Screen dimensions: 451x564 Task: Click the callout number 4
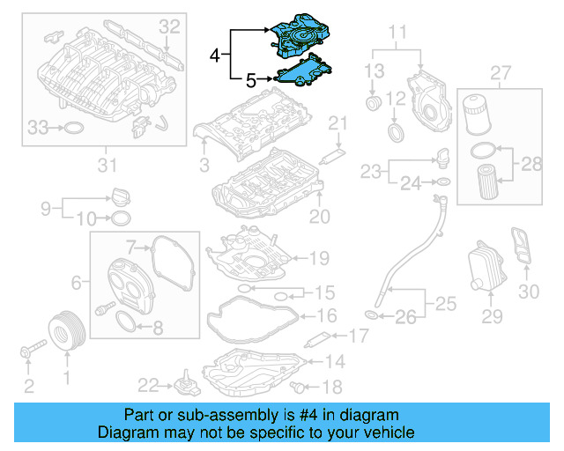[x=215, y=55]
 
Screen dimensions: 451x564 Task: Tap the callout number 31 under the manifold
[x=107, y=164]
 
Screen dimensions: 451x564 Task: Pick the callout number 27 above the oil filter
[x=500, y=71]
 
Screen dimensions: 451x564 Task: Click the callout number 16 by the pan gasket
[x=325, y=315]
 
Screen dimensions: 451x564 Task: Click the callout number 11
[x=399, y=34]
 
